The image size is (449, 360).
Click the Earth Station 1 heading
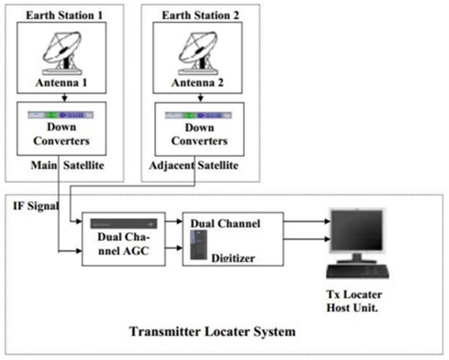[64, 15]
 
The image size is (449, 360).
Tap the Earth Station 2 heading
[201, 15]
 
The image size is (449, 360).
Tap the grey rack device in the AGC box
[124, 224]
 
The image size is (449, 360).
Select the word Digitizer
[233, 258]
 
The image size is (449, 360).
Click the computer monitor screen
[357, 229]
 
